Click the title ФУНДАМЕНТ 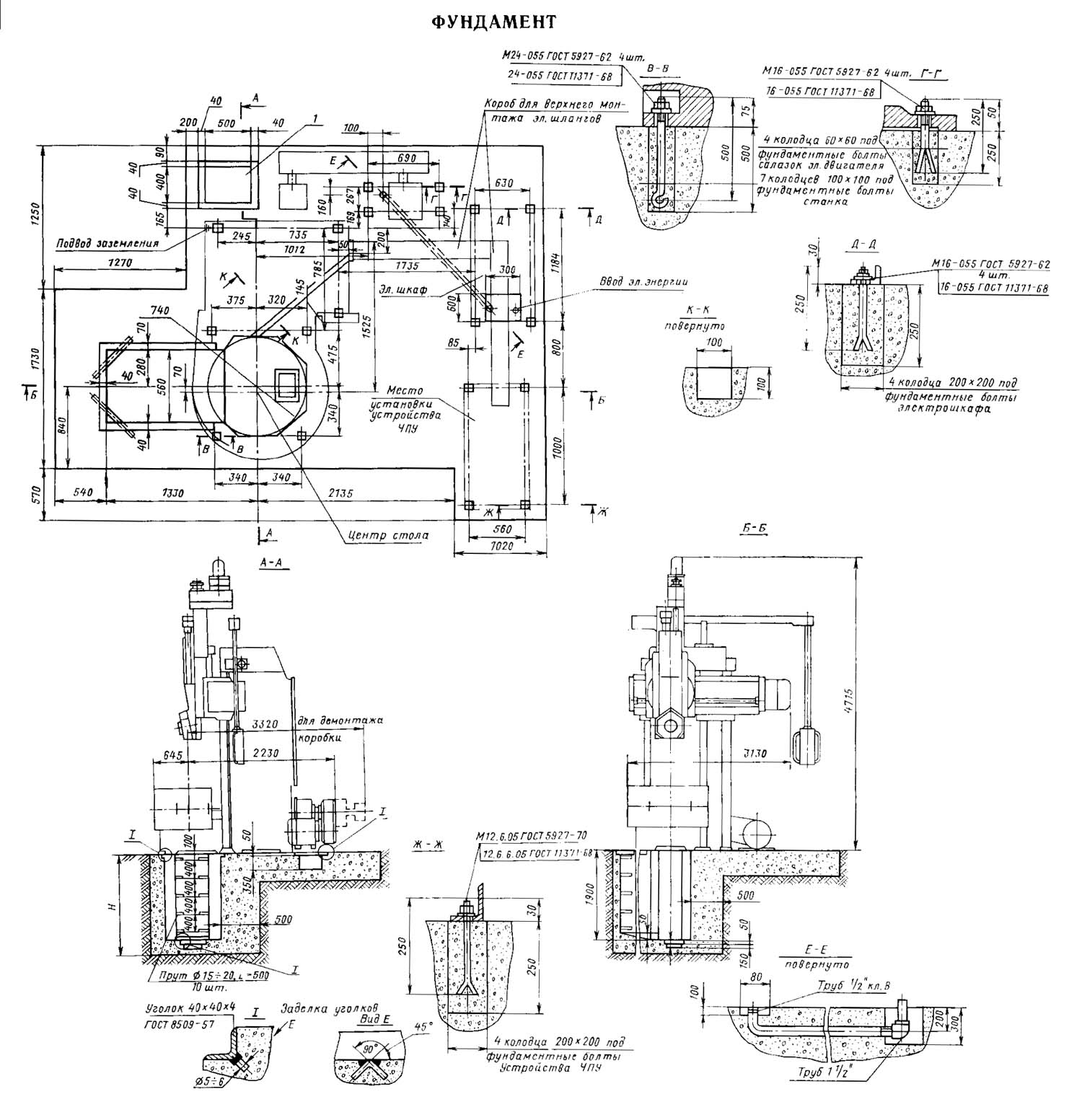click(494, 22)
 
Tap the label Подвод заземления click(107, 243)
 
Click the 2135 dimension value click(338, 493)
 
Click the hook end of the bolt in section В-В click(659, 201)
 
